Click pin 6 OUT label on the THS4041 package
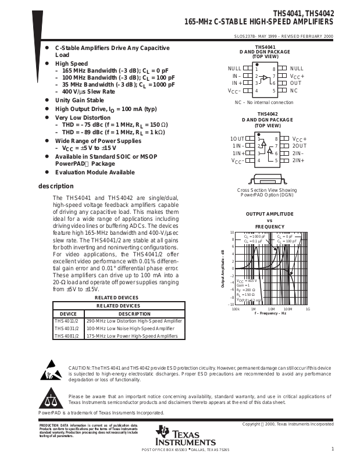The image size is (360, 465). click(295, 83)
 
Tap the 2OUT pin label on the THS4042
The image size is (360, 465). click(298, 145)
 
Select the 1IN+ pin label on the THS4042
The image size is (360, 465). click(238, 153)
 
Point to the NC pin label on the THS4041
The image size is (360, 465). click(294, 91)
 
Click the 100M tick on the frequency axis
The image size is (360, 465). click(287, 309)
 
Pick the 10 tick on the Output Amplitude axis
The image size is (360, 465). click(232, 233)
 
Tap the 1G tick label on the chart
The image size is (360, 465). click(308, 309)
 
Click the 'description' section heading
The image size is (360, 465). click(56, 186)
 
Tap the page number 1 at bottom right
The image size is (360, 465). click(332, 449)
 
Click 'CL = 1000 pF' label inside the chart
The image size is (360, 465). click(255, 237)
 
